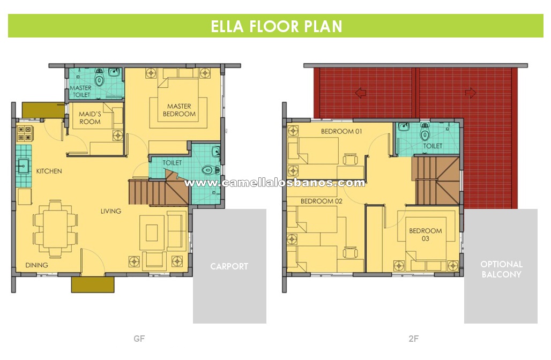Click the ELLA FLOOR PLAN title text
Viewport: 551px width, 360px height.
276,26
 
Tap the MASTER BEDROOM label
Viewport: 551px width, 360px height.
179,110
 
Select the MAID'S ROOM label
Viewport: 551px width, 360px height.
90,118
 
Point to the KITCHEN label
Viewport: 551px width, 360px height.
49,171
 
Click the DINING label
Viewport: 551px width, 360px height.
36,265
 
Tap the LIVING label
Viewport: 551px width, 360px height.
111,211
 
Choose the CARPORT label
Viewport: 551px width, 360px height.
229,267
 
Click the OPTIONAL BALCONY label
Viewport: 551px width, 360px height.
502,269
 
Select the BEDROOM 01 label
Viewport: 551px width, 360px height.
341,131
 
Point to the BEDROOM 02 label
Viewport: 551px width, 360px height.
322,201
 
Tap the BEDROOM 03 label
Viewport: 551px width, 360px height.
426,235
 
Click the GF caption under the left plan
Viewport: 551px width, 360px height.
139,339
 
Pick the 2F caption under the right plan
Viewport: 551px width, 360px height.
414,339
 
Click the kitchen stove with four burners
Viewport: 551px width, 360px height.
24,133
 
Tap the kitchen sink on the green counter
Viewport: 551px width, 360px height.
24,166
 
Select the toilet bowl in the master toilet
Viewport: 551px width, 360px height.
100,78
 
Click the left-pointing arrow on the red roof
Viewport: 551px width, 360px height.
361,93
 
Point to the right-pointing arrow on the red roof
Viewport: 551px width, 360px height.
471,93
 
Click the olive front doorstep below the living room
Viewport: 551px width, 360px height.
93,284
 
